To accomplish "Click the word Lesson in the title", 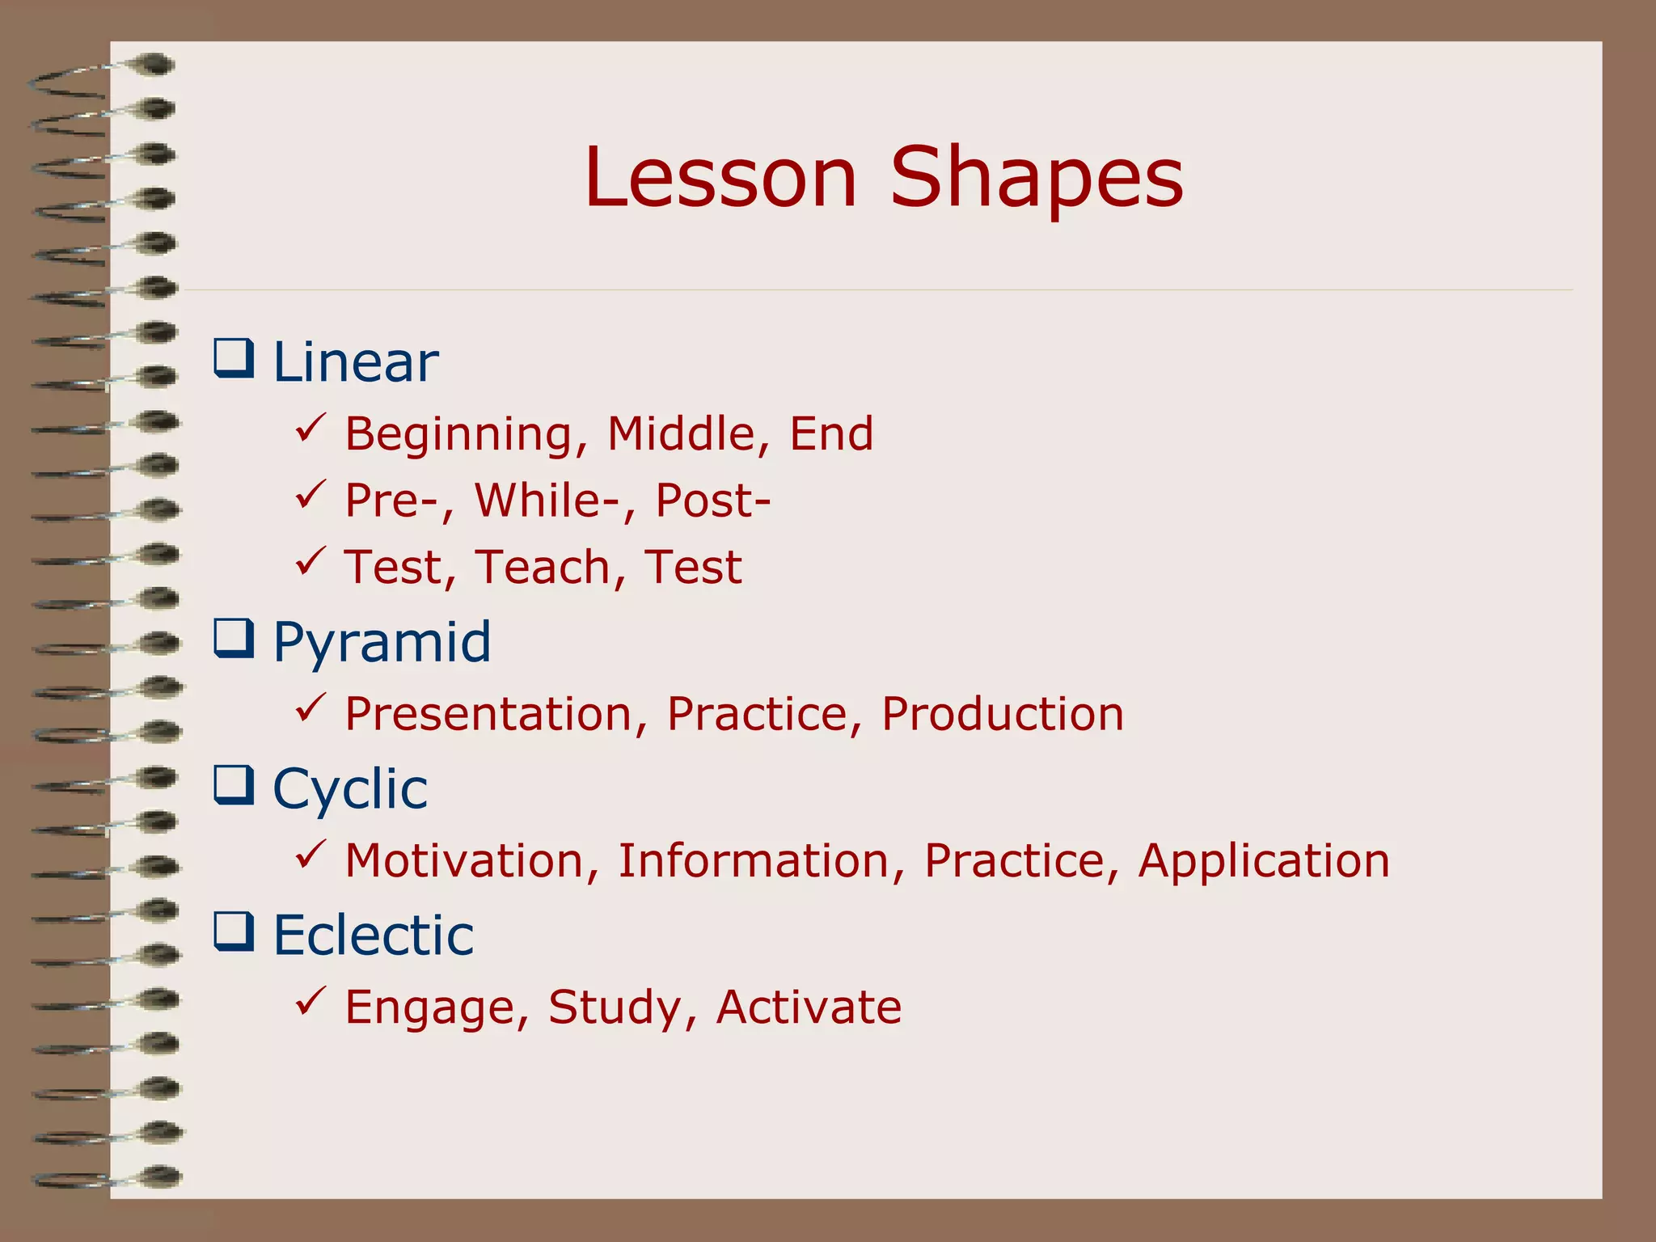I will (x=720, y=177).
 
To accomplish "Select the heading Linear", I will (x=356, y=361).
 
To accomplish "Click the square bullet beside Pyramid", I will (x=234, y=639).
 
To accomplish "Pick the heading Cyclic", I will (x=350, y=789).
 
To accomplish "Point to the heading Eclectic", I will (x=373, y=936).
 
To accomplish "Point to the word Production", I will (x=1002, y=714).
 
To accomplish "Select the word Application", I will (x=1263, y=862).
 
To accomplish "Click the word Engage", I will (x=436, y=1008).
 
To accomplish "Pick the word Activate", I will (x=809, y=1007).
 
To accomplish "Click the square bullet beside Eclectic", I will (x=234, y=931).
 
